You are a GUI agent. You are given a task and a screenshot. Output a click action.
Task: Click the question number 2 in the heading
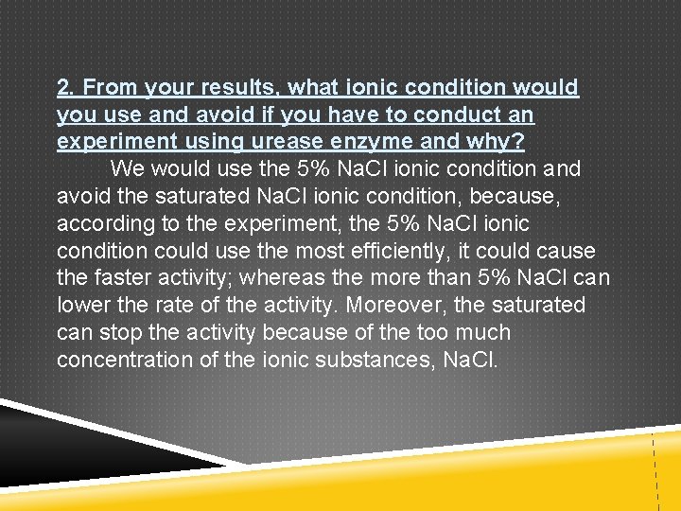pyautogui.click(x=64, y=88)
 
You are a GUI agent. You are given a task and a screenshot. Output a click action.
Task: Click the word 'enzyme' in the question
pyautogui.click(x=388, y=143)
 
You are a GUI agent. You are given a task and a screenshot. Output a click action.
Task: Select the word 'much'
pyautogui.click(x=483, y=333)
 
